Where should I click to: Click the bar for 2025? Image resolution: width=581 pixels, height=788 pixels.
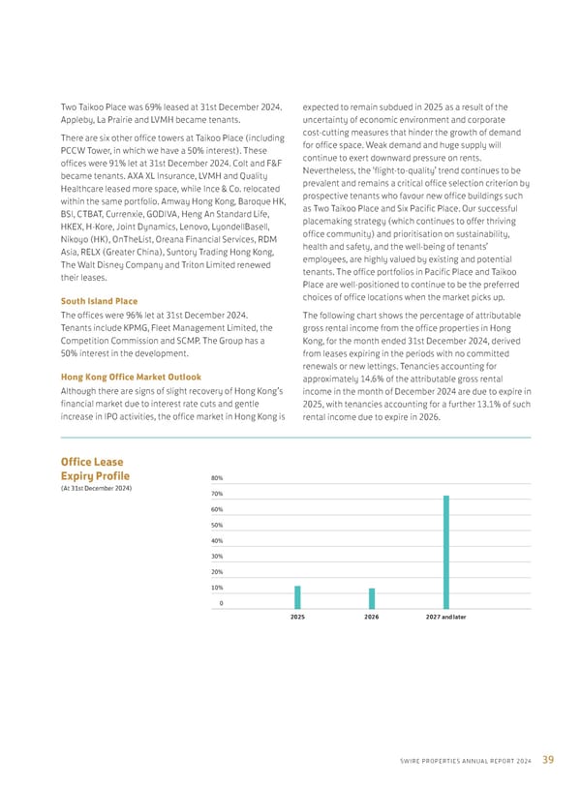pyautogui.click(x=297, y=597)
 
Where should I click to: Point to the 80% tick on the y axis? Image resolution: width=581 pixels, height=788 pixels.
pyautogui.click(x=218, y=478)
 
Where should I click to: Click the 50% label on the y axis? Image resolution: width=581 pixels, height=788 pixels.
pyautogui.click(x=218, y=525)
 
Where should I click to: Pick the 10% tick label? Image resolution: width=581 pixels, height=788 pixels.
pyautogui.click(x=218, y=588)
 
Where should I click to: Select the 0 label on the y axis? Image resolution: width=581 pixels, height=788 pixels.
pyautogui.click(x=222, y=603)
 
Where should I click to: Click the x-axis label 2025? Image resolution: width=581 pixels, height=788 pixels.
pyautogui.click(x=297, y=617)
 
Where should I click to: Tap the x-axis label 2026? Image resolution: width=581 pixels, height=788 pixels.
pyautogui.click(x=371, y=617)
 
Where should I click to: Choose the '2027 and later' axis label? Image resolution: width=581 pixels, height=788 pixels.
pyautogui.click(x=445, y=617)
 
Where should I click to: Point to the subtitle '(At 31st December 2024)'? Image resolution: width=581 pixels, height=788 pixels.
pyautogui.click(x=96, y=487)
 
